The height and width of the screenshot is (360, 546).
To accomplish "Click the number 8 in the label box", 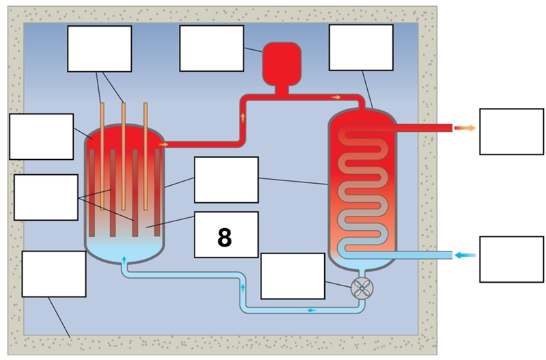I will (225, 236).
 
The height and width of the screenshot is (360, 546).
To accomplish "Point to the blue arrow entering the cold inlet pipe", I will (466, 255).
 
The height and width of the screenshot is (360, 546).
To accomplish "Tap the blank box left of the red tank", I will (211, 49).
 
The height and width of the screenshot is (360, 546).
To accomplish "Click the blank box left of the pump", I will (293, 276).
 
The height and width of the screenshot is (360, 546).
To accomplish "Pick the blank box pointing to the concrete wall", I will (53, 274).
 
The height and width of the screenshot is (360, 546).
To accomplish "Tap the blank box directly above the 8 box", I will (226, 180).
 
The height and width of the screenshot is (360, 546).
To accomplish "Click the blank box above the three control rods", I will (99, 49).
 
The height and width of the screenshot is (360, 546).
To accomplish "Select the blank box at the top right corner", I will (360, 48).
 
